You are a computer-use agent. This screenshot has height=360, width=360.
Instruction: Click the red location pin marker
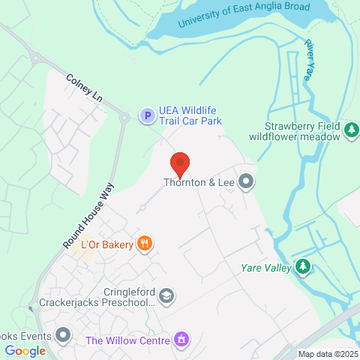[179, 162]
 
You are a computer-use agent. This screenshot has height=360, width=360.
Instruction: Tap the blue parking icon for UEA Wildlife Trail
[147, 115]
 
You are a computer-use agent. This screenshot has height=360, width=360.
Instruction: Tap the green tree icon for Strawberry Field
[351, 130]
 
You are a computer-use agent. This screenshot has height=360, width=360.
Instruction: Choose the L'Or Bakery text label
[106, 244]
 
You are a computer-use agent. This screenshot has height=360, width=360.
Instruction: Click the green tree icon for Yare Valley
[302, 266]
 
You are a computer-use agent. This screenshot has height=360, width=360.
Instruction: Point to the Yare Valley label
[267, 267]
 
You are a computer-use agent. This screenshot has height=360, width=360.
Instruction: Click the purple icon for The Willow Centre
[180, 340]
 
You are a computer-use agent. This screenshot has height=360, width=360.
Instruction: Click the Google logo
[25, 350]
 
